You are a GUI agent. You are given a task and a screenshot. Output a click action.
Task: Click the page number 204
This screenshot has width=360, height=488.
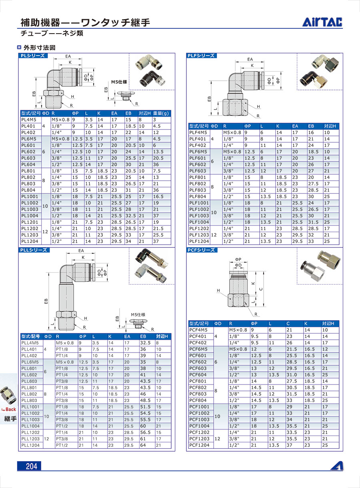pyautogui.click(x=31, y=466)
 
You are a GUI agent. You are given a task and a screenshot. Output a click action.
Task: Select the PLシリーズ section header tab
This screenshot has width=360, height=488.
pyautogui.click(x=33, y=56)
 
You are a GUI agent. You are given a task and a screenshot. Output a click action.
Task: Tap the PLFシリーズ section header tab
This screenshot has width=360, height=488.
pyautogui.click(x=201, y=56)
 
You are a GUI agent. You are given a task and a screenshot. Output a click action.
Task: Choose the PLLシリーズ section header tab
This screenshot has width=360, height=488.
pyautogui.click(x=34, y=250)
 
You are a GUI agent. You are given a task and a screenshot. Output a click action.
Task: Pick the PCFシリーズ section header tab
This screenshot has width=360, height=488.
pyautogui.click(x=201, y=250)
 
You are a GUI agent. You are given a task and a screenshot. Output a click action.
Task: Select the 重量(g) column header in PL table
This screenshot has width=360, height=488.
pyautogui.click(x=162, y=113)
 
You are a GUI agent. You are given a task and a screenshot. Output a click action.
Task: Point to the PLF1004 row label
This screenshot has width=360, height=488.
pyautogui.click(x=199, y=222)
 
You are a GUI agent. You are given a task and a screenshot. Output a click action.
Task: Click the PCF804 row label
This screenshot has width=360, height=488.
pyautogui.click(x=198, y=400)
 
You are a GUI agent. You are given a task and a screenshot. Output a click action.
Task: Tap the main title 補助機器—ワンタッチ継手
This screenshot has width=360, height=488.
pyautogui.click(x=85, y=22)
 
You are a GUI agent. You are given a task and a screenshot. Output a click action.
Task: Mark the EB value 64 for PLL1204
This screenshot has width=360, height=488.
pyautogui.click(x=143, y=445)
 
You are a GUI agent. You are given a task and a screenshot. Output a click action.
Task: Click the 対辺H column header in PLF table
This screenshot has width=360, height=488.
pyautogui.click(x=330, y=126)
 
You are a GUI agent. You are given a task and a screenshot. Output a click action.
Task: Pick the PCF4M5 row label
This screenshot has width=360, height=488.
pyautogui.click(x=198, y=330)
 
